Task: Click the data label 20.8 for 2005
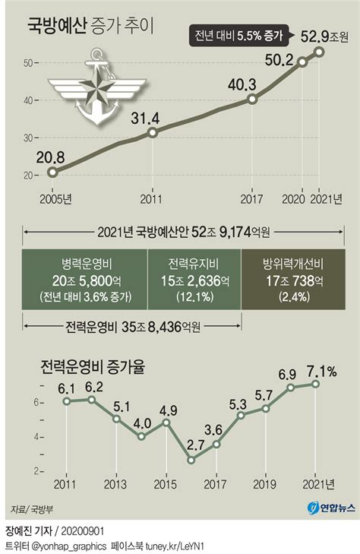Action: click(x=52, y=157)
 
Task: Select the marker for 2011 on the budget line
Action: click(x=153, y=132)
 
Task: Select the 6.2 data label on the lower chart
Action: click(x=93, y=387)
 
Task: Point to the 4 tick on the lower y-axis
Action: click(x=36, y=436)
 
